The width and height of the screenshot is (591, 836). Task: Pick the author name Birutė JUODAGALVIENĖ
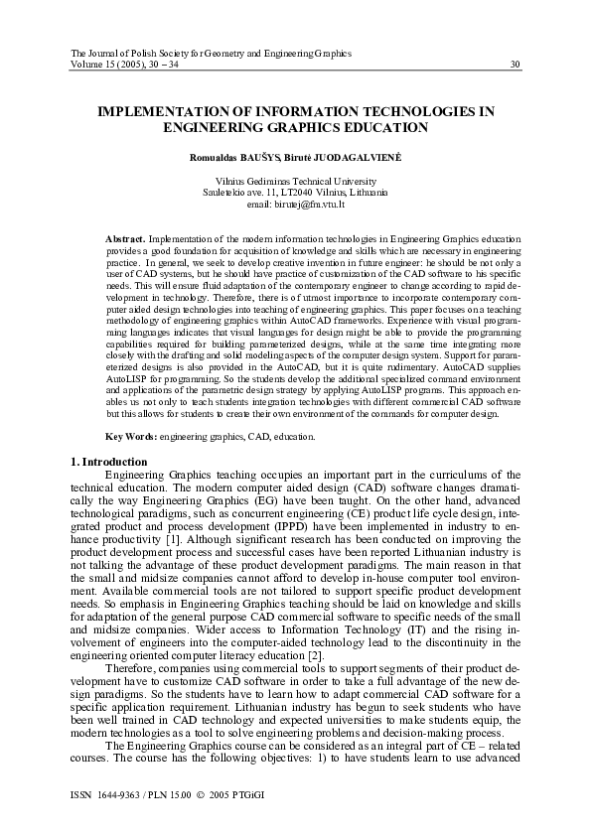point(333,158)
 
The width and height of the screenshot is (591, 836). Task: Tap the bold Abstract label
point(125,240)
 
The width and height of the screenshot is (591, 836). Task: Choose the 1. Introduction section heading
point(109,462)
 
